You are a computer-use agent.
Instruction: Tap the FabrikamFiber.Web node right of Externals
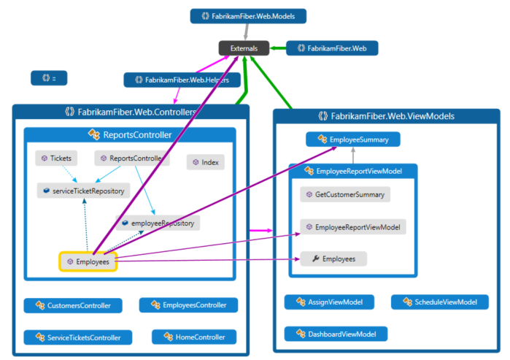click(332, 48)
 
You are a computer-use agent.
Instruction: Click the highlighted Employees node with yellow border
click(88, 261)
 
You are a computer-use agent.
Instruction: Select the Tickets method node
click(55, 158)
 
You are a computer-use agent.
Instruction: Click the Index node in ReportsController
click(206, 162)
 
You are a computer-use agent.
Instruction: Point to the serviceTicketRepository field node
click(81, 191)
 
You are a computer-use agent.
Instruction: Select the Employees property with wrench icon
click(333, 258)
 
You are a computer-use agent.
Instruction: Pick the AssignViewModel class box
click(330, 302)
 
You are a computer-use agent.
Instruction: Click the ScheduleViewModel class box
click(439, 302)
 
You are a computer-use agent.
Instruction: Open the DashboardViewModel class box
click(336, 334)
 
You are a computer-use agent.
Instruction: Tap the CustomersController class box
click(73, 305)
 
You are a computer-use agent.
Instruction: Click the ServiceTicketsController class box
click(78, 337)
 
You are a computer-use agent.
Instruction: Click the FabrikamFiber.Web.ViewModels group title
click(387, 116)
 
